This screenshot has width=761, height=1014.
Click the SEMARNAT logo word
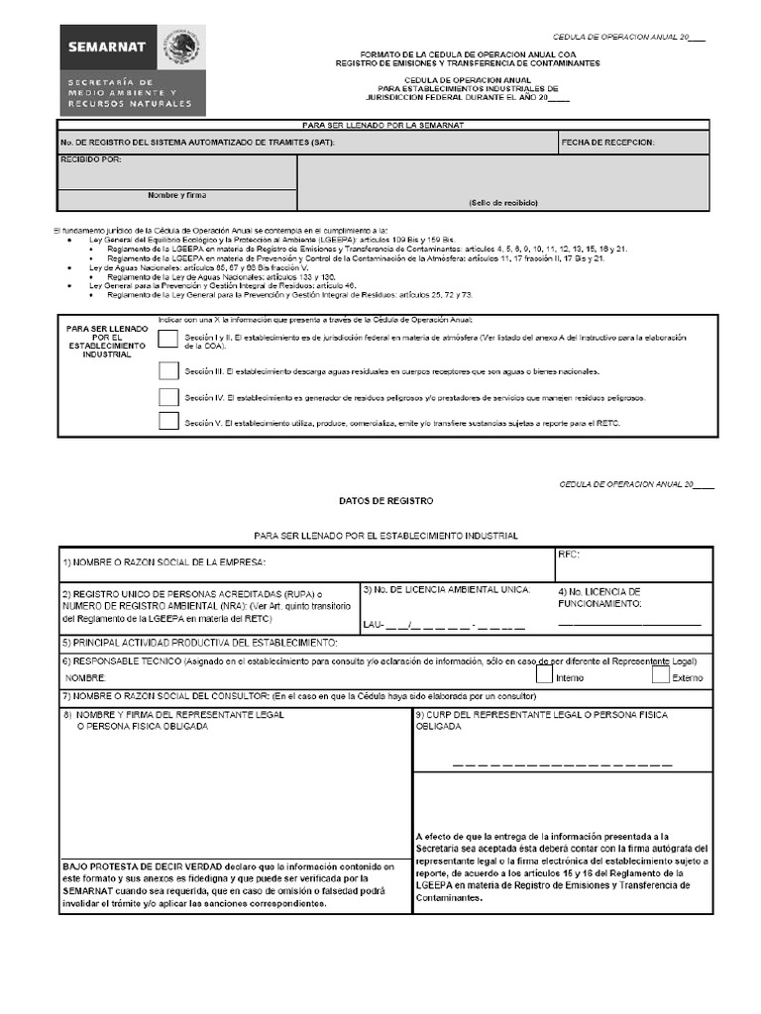(107, 47)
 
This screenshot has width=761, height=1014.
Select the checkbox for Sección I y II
(168, 342)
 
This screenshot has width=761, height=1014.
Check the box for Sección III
(168, 371)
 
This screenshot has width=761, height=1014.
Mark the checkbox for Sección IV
(168, 397)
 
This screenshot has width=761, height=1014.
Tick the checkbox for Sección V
(168, 422)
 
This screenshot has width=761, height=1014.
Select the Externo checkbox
(661, 675)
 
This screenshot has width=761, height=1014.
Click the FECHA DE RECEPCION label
(607, 143)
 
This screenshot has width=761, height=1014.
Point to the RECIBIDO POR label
(91, 159)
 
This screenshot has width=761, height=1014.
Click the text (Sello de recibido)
(503, 202)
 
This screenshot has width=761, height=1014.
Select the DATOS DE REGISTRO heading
(385, 501)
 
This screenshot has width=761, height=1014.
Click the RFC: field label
(569, 555)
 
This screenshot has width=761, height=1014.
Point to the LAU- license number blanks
(443, 625)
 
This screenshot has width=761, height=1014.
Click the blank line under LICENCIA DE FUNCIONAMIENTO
(629, 625)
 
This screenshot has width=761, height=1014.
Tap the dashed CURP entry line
(562, 764)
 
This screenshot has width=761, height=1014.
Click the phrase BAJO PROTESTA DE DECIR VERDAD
(146, 864)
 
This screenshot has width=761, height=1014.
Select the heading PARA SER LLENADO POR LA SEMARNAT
(383, 125)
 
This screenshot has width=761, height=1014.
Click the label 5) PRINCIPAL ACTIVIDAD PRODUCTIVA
(200, 643)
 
